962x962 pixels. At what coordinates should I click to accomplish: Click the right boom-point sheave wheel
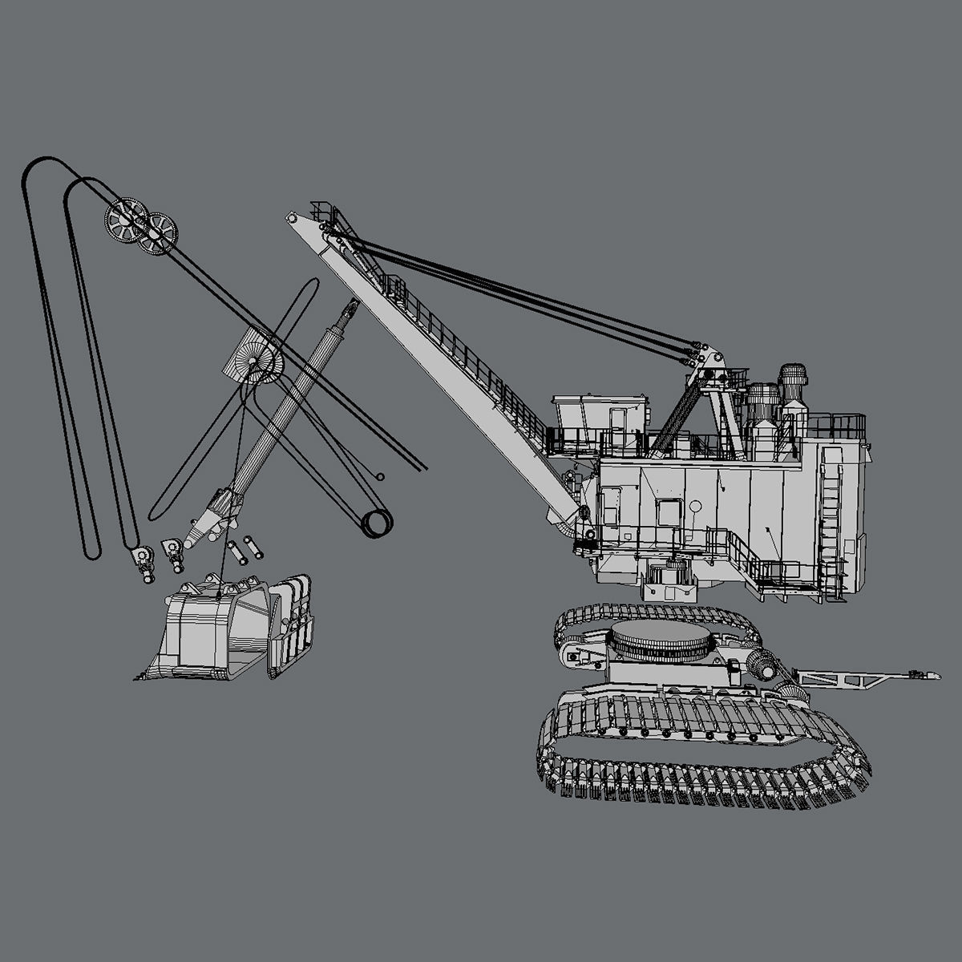click(158, 233)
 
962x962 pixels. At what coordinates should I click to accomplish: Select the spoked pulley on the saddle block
click(261, 364)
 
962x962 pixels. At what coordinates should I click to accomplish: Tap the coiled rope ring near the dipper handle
click(377, 523)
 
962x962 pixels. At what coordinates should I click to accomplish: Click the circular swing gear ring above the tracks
click(661, 641)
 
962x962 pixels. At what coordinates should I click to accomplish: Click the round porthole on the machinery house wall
click(694, 507)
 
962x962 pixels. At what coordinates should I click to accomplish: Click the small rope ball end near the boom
click(380, 476)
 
